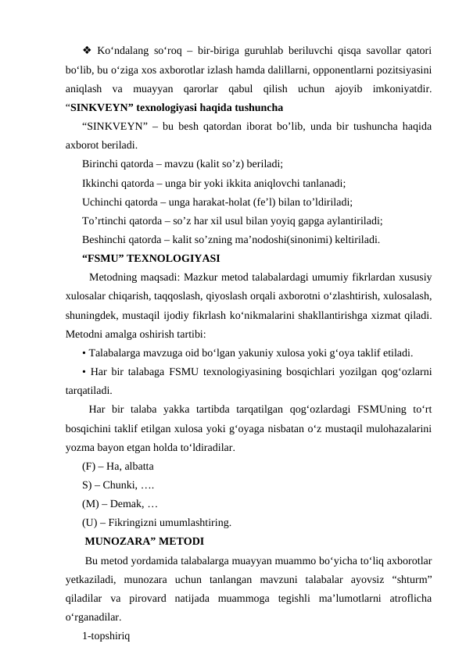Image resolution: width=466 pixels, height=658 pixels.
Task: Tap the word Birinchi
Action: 101,165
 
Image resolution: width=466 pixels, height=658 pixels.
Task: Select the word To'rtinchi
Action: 104,220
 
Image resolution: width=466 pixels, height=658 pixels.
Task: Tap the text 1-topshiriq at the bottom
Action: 106,635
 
